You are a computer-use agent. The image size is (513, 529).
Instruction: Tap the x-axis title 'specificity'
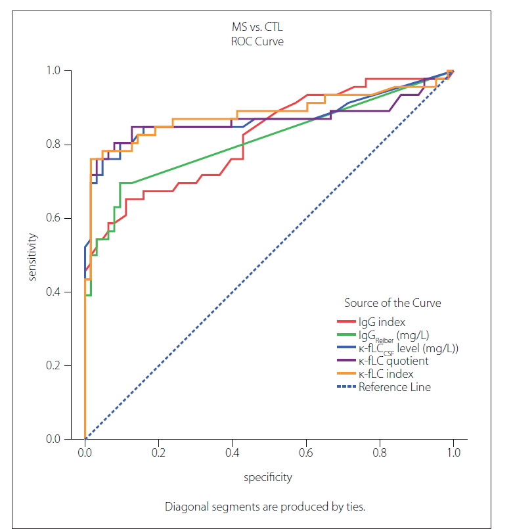tap(268, 477)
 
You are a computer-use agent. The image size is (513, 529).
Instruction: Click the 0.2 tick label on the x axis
tap(158, 453)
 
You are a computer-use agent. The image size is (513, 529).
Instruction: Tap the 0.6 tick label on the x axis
tap(305, 453)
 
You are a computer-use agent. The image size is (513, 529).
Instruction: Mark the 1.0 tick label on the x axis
tap(453, 453)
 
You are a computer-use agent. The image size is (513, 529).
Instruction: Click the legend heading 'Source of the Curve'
tap(392, 303)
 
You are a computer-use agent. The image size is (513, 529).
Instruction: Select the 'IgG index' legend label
tap(382, 322)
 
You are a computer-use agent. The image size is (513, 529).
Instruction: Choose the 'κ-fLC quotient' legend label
tap(393, 361)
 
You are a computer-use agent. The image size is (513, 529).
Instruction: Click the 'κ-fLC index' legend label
tap(386, 374)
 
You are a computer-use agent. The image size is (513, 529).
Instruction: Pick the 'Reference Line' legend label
tap(395, 387)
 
